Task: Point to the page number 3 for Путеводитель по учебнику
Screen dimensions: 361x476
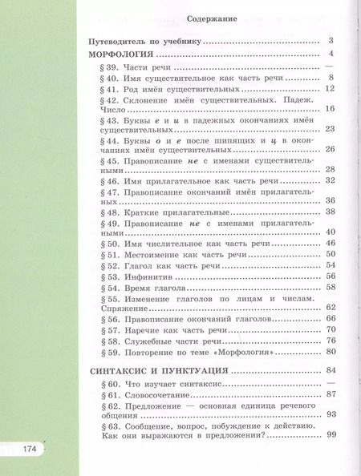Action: (331, 40)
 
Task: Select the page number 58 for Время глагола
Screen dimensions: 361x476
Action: (330, 287)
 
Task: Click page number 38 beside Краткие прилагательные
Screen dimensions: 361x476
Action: (330, 211)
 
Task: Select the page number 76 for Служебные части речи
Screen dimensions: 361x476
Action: (330, 341)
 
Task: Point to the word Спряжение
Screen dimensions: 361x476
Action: (113, 308)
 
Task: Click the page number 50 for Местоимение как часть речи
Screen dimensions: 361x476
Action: (330, 253)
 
